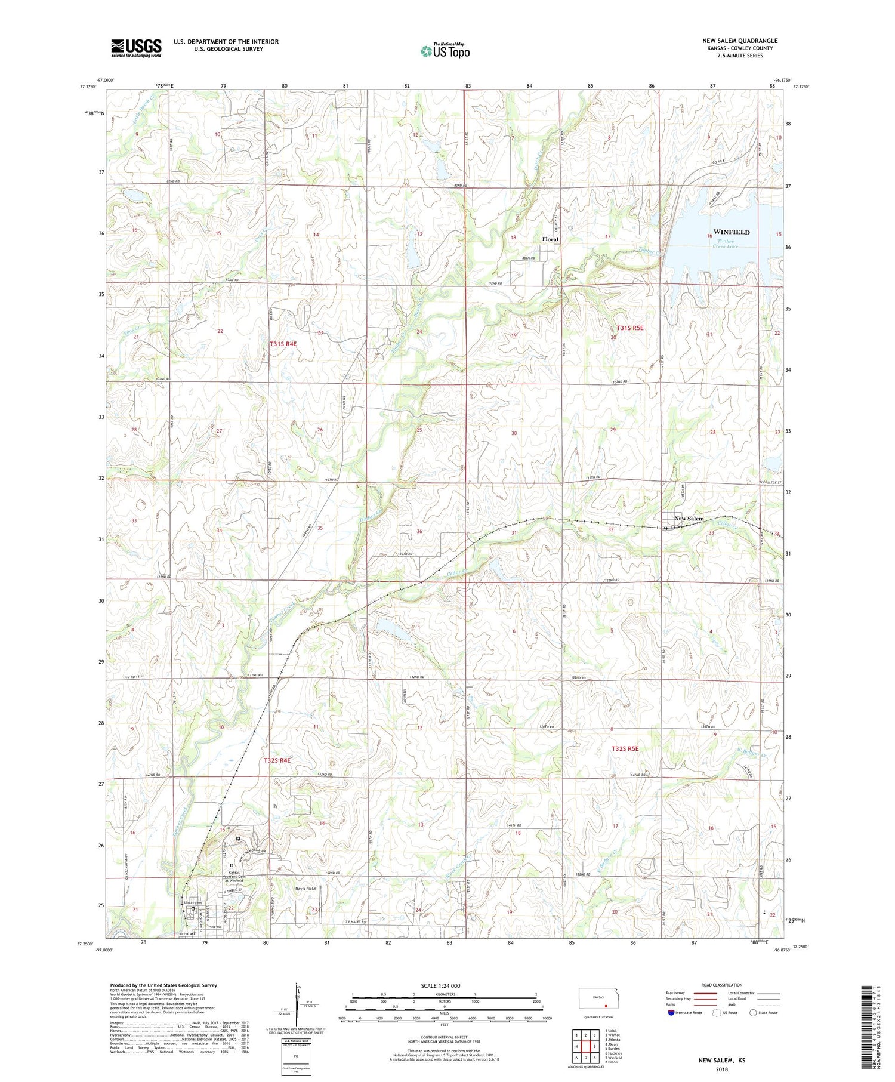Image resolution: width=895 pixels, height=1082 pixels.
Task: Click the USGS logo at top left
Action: pyautogui.click(x=136, y=48)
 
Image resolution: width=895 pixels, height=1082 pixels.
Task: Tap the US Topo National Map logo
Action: pyautogui.click(x=445, y=51)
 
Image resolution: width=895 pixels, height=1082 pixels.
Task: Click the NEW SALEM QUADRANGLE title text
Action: pyautogui.click(x=739, y=41)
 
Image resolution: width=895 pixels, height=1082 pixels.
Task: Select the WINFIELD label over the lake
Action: pyautogui.click(x=731, y=232)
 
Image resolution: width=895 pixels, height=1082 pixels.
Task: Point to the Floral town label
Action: pyautogui.click(x=550, y=239)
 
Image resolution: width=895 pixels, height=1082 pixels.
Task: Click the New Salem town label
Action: pyautogui.click(x=689, y=519)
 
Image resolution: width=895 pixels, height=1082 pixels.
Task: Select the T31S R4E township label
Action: pyautogui.click(x=283, y=344)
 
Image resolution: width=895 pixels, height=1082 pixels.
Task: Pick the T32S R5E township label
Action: pyautogui.click(x=625, y=748)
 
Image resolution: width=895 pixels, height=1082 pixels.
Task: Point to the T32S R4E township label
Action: pyautogui.click(x=277, y=760)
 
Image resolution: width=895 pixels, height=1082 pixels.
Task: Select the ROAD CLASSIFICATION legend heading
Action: pyautogui.click(x=722, y=985)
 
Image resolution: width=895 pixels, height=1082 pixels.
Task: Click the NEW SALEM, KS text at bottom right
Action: pyautogui.click(x=722, y=1060)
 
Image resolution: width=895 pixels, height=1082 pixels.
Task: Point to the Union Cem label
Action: pyautogui.click(x=192, y=902)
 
